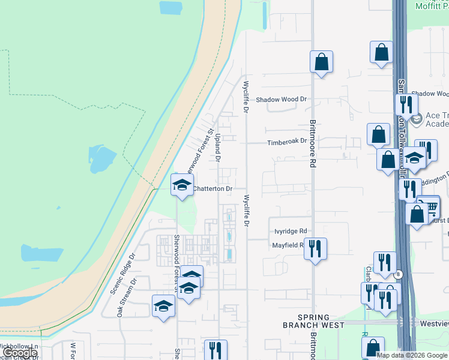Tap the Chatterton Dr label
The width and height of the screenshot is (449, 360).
(212, 189)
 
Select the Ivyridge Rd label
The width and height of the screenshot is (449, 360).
(291, 231)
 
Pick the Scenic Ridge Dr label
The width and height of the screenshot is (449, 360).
(124, 273)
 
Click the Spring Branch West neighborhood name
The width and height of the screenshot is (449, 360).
(313, 321)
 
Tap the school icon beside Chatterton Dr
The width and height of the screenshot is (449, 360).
(182, 185)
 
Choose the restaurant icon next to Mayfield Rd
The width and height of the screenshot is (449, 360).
(315, 247)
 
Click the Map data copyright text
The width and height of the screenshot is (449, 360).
(412, 355)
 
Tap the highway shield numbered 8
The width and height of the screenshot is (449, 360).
(398, 274)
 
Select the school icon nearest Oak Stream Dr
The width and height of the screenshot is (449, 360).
(163, 307)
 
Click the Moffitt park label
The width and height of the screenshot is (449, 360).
(432, 6)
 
